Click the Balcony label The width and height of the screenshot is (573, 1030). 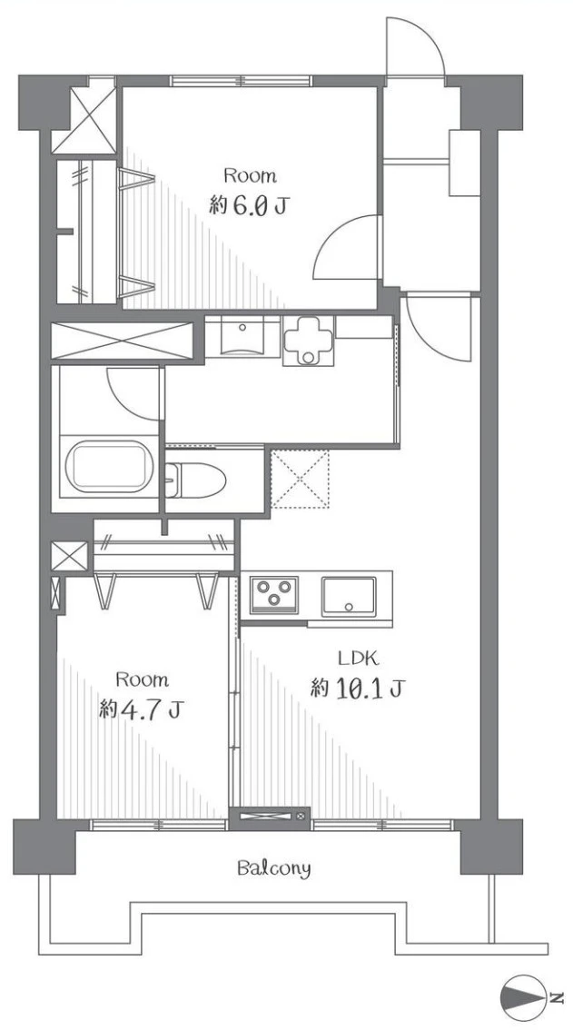tap(273, 869)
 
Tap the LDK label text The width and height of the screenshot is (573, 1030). tap(356, 658)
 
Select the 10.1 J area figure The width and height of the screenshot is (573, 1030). tap(358, 689)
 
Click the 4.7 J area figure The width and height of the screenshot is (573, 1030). tap(141, 709)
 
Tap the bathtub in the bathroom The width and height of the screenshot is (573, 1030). tap(108, 466)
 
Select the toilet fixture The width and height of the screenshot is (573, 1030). tap(196, 479)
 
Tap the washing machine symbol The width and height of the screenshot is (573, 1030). tap(308, 340)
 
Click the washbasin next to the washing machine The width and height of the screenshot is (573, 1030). tap(242, 337)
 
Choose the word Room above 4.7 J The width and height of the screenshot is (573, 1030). tap(142, 678)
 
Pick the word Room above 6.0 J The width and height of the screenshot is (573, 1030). tap(250, 176)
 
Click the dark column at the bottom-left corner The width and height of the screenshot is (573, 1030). tap(44, 847)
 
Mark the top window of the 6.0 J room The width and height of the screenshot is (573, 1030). tap(241, 81)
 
